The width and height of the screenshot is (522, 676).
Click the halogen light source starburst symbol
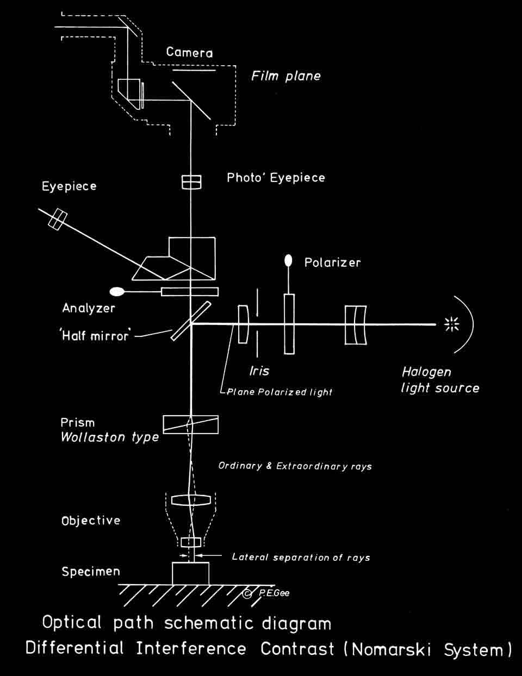point(452,324)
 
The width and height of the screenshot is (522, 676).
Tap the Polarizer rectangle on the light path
point(289,324)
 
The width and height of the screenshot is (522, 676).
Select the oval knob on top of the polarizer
point(289,261)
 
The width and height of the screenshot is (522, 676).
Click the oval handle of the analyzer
point(117,292)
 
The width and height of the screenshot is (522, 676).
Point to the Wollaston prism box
point(191,424)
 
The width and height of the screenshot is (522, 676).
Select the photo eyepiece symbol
point(191,182)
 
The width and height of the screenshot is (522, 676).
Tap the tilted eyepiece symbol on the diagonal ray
point(57,220)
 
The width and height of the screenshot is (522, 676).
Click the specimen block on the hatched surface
point(190,574)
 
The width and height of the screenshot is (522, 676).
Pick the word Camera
point(189,52)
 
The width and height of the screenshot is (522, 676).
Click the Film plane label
point(286,76)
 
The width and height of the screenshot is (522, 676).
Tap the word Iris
point(259,371)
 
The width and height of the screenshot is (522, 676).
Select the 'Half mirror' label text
point(96,336)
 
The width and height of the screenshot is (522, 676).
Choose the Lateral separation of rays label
point(301,557)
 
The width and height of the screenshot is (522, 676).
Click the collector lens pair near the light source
point(356,325)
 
